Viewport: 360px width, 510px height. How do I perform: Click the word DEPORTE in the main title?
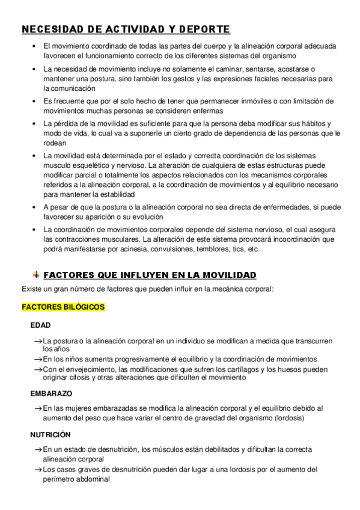[203, 29]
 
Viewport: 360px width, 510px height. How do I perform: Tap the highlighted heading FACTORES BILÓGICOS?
[63, 307]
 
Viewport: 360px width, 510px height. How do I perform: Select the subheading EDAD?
[41, 325]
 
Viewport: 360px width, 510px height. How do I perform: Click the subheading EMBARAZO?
[51, 394]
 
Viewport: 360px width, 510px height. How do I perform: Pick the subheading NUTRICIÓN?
[50, 434]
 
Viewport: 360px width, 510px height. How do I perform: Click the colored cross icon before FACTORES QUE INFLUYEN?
[36, 275]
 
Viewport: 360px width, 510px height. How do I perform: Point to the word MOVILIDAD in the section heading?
[228, 275]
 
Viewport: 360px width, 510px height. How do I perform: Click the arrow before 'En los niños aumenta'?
[38, 359]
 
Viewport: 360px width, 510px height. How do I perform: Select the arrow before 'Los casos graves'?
[38, 470]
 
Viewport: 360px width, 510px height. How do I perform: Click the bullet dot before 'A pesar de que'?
[35, 207]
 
